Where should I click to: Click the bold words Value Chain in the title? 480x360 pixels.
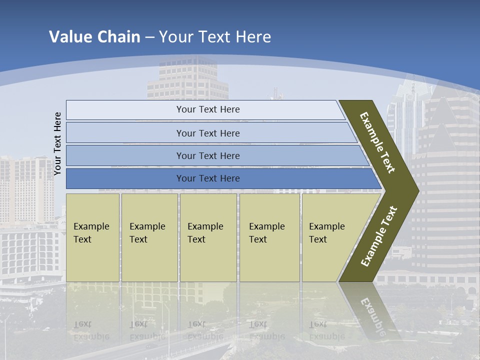(94, 37)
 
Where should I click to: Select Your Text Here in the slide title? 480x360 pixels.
(215, 37)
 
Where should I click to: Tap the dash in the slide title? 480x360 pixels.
(149, 37)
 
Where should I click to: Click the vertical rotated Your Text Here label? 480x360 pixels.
(58, 143)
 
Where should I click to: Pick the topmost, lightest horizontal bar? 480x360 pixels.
(207, 109)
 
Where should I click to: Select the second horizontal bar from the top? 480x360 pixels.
(207, 133)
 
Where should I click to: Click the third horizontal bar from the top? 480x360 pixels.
(207, 155)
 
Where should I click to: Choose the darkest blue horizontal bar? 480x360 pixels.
(207, 178)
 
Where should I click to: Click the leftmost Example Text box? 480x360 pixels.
(92, 237)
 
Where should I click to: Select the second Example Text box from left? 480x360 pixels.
(149, 237)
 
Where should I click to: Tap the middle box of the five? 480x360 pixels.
(208, 237)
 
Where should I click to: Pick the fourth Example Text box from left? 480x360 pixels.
(269, 237)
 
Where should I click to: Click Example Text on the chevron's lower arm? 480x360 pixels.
(379, 236)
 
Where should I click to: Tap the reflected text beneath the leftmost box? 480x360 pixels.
(91, 330)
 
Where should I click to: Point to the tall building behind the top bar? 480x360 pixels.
(187, 80)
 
